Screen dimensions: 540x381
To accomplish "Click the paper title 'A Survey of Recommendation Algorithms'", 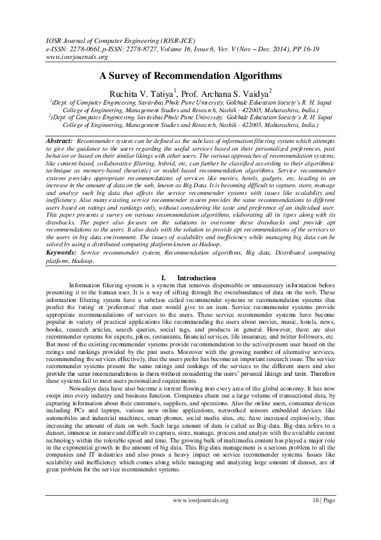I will click(190, 74).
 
